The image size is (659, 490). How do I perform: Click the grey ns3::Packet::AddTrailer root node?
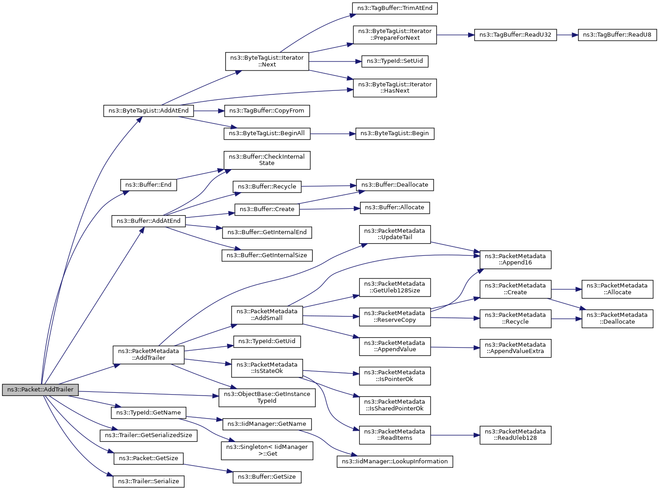tap(40, 390)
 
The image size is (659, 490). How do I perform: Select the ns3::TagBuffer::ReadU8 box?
tap(617, 35)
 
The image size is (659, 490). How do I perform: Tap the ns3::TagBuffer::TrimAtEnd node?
tap(395, 8)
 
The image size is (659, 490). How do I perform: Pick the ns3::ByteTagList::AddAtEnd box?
tap(148, 111)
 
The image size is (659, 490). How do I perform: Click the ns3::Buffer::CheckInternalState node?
tap(267, 160)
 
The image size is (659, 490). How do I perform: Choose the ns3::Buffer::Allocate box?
tap(394, 207)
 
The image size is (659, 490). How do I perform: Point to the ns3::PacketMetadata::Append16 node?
tap(515, 259)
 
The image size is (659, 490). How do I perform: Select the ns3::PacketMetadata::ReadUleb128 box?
tap(515, 435)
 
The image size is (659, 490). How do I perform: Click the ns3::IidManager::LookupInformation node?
tap(394, 462)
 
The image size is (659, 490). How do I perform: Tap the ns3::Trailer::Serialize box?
tap(148, 481)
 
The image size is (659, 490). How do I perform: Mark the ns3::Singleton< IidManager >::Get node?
tap(267, 450)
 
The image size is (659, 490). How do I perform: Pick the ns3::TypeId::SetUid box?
tap(394, 61)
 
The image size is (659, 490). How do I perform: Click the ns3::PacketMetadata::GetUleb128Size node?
tap(394, 287)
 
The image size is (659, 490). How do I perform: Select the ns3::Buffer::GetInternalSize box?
tap(267, 255)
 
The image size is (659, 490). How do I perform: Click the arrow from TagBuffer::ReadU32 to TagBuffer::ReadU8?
tap(567, 35)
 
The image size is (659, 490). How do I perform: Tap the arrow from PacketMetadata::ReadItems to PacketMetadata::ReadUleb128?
tap(455, 435)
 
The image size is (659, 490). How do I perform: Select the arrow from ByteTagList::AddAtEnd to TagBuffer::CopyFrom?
tap(209, 111)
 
